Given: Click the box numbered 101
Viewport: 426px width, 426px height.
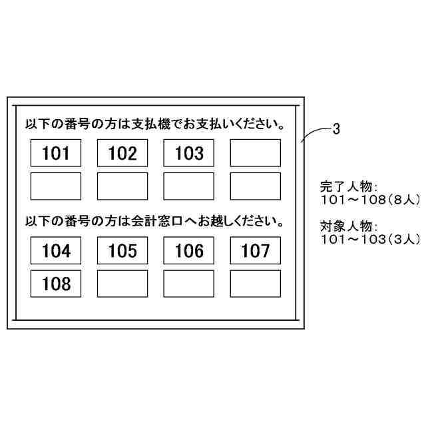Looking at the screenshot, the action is click(x=56, y=153).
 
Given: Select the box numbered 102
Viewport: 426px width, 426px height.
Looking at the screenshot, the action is click(x=122, y=153).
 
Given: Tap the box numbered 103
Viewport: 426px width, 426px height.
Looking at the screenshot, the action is click(x=189, y=153).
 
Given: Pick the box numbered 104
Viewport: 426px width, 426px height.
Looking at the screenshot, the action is click(x=56, y=251).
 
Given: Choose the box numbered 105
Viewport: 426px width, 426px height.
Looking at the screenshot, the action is click(x=122, y=251).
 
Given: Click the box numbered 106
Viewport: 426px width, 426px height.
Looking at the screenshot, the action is click(x=189, y=251).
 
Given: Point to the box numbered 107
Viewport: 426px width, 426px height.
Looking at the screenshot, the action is click(x=256, y=251).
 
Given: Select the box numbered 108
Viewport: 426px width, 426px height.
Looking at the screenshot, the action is click(x=56, y=284).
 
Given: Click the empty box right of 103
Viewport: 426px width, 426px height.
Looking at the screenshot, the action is click(x=256, y=153).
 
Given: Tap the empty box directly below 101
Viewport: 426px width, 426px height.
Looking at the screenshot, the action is click(x=56, y=186).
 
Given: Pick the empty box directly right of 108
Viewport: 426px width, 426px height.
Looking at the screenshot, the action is click(x=122, y=284).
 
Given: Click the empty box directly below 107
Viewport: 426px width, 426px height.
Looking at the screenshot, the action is click(x=256, y=284).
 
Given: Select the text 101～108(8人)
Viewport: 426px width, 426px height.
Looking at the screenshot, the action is click(x=369, y=200).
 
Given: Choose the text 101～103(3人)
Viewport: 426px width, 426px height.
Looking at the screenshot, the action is click(x=369, y=238).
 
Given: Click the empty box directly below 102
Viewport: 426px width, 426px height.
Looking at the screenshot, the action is click(x=122, y=186).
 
